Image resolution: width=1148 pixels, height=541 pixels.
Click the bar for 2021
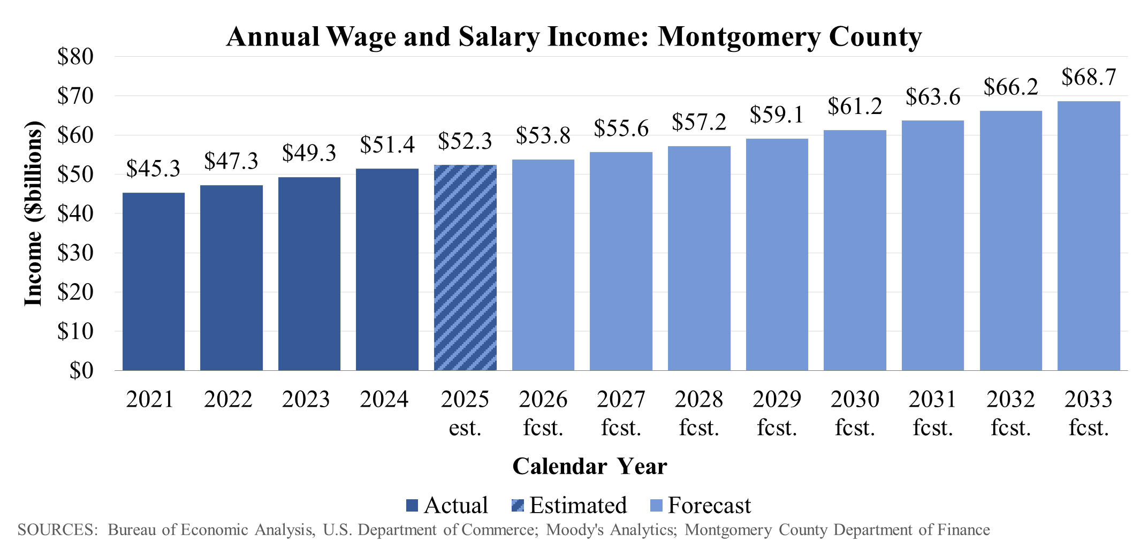click(x=154, y=281)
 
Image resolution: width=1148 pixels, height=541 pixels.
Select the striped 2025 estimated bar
click(x=465, y=268)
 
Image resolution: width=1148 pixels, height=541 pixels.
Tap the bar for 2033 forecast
click(x=1089, y=235)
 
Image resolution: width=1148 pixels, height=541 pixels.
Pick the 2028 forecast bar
click(x=699, y=258)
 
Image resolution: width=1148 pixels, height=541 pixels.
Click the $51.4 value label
click(x=387, y=145)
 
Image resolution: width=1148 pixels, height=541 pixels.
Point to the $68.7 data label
click(x=1089, y=78)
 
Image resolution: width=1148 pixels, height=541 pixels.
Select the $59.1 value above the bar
click(x=777, y=115)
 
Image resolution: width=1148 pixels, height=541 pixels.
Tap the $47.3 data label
click(x=231, y=161)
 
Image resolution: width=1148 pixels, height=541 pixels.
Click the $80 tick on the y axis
click(x=75, y=57)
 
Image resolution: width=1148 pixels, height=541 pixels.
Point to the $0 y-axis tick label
click(x=81, y=370)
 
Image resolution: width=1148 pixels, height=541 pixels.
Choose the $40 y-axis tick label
click(x=75, y=214)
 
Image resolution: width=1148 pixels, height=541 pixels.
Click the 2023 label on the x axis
click(x=306, y=400)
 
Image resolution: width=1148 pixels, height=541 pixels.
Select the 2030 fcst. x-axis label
click(x=855, y=413)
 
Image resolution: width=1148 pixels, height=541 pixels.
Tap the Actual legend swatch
click(x=412, y=506)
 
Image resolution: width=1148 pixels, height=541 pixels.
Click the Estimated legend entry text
click(x=578, y=506)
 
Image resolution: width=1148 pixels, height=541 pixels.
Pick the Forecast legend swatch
click(x=656, y=506)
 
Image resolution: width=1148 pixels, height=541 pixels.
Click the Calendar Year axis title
click(x=590, y=467)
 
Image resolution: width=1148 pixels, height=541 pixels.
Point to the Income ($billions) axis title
click(x=33, y=214)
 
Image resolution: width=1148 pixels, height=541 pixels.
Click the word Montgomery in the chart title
click(x=738, y=37)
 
